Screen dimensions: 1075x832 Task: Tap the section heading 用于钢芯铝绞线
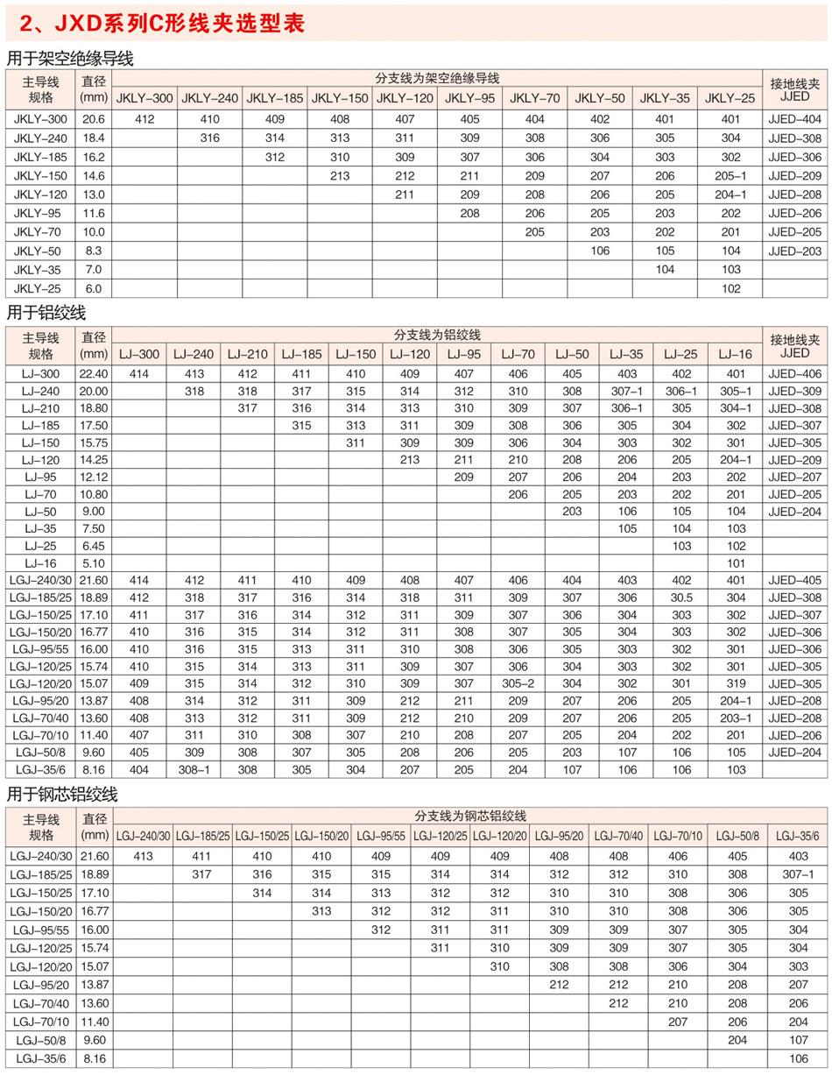pos(61,795)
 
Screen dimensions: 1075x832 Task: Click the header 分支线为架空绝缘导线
pos(436,77)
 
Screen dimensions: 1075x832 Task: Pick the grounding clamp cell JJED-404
pos(794,118)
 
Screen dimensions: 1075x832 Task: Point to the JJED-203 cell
pos(794,251)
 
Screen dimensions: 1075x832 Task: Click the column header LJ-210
pos(247,354)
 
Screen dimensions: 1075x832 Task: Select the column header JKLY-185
pos(275,98)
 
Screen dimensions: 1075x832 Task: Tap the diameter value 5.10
pos(93,563)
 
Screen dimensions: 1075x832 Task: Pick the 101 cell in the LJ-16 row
pos(735,563)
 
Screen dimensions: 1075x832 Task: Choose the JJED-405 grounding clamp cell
pos(794,580)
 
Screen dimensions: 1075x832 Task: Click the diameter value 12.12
pos(93,477)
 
